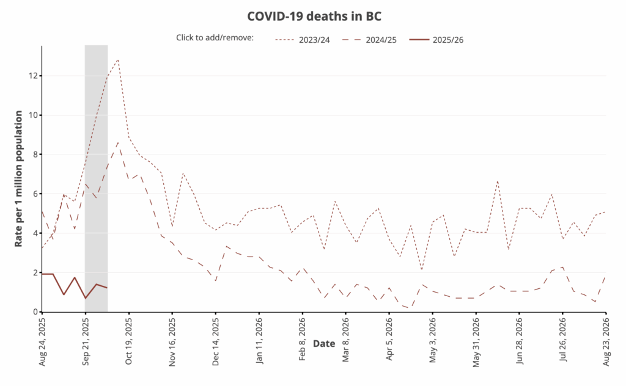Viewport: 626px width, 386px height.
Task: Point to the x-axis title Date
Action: coord(324,344)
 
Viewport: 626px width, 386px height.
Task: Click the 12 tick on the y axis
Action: coord(34,76)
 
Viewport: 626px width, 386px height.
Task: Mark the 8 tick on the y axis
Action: coord(34,155)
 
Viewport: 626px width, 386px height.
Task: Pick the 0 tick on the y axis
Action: coord(34,311)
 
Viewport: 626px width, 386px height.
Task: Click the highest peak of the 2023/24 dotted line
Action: coord(118,59)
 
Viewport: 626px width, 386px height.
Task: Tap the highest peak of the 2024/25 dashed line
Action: coord(119,142)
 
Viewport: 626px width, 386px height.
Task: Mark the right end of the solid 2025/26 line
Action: coord(108,288)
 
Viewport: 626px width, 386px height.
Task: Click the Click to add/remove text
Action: coord(215,38)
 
